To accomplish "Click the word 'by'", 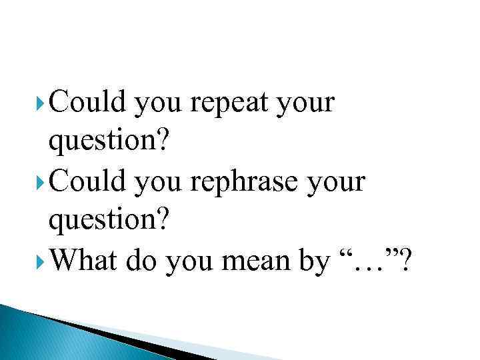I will coord(313,262).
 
